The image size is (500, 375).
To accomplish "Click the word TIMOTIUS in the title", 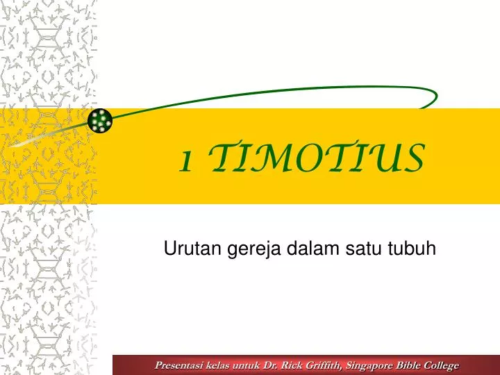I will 317,159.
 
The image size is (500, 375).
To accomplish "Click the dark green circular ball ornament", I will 101,121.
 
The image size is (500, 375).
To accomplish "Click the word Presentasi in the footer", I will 180,365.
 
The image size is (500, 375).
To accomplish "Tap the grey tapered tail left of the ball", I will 42,138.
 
